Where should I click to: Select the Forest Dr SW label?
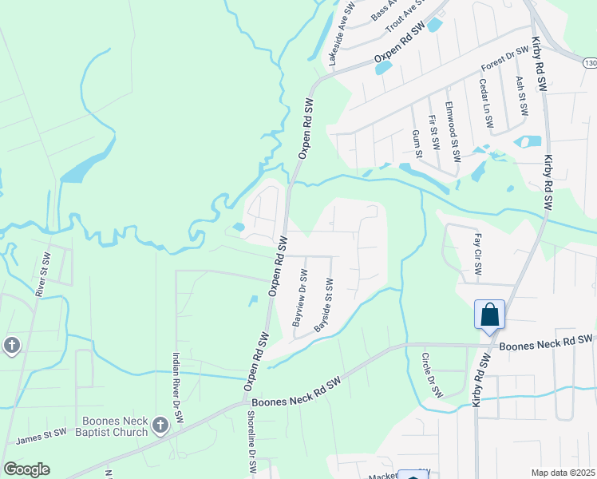coord(504,61)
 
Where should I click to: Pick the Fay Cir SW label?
coord(477,254)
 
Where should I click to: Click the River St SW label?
coord(42,275)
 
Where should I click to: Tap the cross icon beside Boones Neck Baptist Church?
coord(160,426)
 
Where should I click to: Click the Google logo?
coord(26,469)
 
